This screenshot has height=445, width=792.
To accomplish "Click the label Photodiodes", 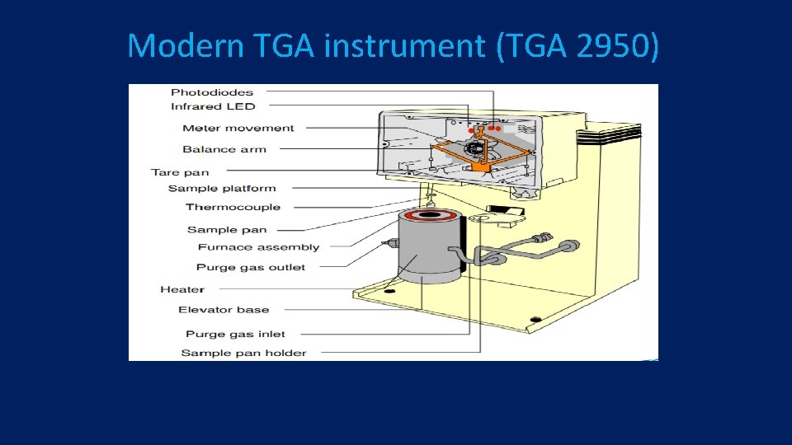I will (x=212, y=92).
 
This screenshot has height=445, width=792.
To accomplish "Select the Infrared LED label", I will (x=213, y=106).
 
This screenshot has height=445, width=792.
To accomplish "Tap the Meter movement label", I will (x=238, y=129).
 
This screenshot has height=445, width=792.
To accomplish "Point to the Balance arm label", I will (x=224, y=149).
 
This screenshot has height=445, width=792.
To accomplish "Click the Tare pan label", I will (x=180, y=172).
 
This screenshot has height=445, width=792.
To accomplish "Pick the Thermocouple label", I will (x=233, y=208).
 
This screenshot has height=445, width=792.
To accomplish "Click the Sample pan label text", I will (x=227, y=230).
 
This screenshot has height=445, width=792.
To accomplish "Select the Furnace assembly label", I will (x=258, y=247).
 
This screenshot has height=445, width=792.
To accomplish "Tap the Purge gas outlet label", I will (x=251, y=268).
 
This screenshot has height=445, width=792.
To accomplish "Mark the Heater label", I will (x=182, y=290).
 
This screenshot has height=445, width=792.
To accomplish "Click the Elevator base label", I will (x=224, y=310).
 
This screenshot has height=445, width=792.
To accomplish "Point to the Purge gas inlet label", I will (x=235, y=335).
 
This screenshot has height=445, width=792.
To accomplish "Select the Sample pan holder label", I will (x=243, y=353).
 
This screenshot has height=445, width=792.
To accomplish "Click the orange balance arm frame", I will (x=478, y=152).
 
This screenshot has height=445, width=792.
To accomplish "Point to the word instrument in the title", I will (x=404, y=46).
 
